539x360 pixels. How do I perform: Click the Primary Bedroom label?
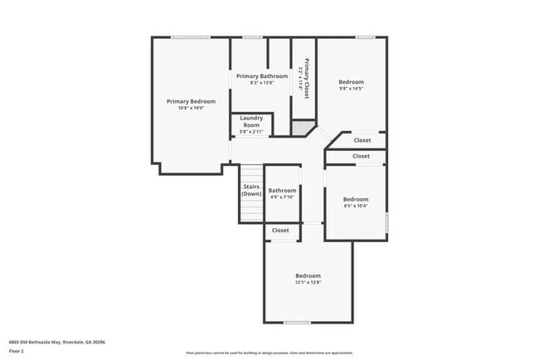[185, 100]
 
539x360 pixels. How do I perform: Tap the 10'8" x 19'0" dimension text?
[185, 108]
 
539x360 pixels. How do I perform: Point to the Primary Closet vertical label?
[306, 79]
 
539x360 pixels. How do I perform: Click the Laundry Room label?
[250, 121]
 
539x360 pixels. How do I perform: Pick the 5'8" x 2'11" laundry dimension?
[250, 132]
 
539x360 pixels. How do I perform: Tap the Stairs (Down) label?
[251, 190]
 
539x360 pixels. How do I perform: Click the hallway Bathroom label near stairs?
[282, 190]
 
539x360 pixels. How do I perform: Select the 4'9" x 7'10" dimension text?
[282, 197]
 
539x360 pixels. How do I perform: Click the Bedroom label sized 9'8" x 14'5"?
[351, 81]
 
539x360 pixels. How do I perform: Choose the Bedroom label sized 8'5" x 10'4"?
[356, 199]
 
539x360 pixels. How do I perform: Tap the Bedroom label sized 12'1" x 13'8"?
[308, 275]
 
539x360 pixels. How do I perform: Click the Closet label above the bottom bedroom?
[280, 230]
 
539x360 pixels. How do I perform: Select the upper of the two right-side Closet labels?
[362, 140]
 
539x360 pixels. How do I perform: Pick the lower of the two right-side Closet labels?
[361, 156]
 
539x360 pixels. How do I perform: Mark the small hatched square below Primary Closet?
[299, 128]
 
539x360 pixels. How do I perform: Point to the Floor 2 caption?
[17, 351]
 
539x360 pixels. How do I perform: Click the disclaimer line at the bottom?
[269, 353]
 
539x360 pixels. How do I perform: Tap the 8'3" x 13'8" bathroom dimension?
[262, 83]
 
